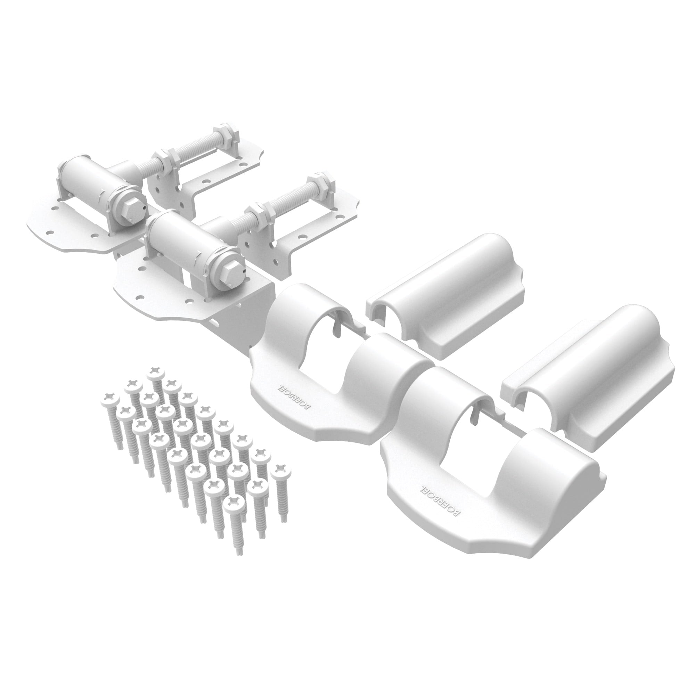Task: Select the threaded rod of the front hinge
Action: pyautogui.click(x=288, y=200)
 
